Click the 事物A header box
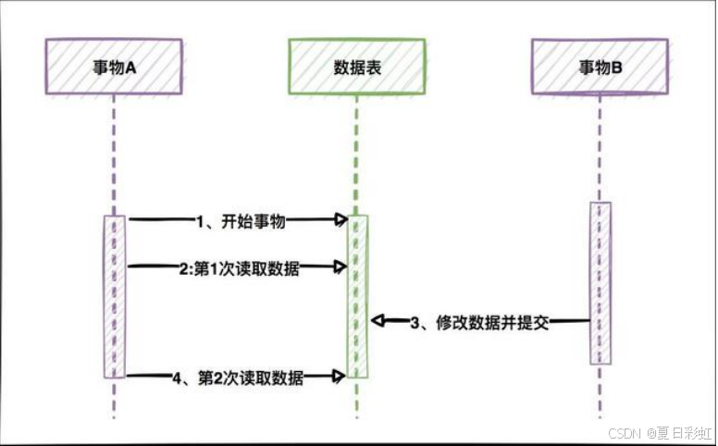[x=114, y=67]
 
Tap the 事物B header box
[x=600, y=67]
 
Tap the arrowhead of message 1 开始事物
[x=341, y=219]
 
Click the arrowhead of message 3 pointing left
[x=378, y=320]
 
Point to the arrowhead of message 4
[x=341, y=375]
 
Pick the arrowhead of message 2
[x=341, y=266]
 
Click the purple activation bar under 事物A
[x=114, y=296]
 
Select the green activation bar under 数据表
[x=358, y=296]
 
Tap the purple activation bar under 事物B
[x=600, y=282]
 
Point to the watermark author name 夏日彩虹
[x=685, y=432]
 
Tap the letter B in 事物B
[x=617, y=67]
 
